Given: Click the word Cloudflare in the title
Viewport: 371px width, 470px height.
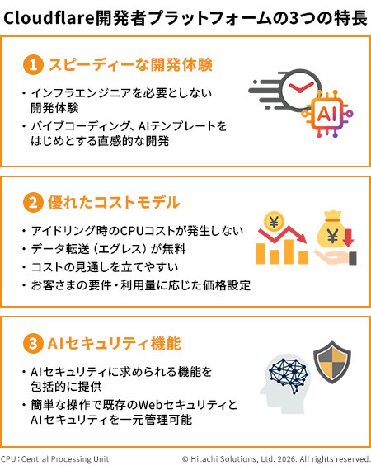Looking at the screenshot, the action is pyautogui.click(x=49, y=18).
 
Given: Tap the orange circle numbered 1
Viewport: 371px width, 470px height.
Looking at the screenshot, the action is pyautogui.click(x=33, y=65).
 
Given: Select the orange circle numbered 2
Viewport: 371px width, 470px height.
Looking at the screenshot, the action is pyautogui.click(x=33, y=202).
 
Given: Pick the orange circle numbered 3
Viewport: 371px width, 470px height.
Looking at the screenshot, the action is pyautogui.click(x=33, y=343).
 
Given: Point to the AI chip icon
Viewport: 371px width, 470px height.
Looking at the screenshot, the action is pyautogui.click(x=327, y=114).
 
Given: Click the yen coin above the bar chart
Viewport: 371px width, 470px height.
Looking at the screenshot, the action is pyautogui.click(x=274, y=222).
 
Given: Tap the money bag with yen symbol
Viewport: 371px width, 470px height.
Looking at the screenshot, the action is pyautogui.click(x=332, y=230).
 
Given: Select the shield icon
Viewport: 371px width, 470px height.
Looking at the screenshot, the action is pyautogui.click(x=332, y=362).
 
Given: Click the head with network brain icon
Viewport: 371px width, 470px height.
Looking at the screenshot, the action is pyautogui.click(x=285, y=383).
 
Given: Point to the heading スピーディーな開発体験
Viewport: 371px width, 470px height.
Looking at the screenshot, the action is pyautogui.click(x=130, y=65).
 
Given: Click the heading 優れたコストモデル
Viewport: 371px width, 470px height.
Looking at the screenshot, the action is pyautogui.click(x=114, y=202).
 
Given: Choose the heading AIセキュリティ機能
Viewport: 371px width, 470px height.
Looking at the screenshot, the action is pyautogui.click(x=114, y=343).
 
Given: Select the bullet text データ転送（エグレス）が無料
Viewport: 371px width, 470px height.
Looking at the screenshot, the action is pyautogui.click(x=108, y=249).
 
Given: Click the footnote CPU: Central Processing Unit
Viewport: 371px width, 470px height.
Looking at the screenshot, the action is pyautogui.click(x=55, y=459).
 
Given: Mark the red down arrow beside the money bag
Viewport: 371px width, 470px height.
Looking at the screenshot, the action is pyautogui.click(x=348, y=237).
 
